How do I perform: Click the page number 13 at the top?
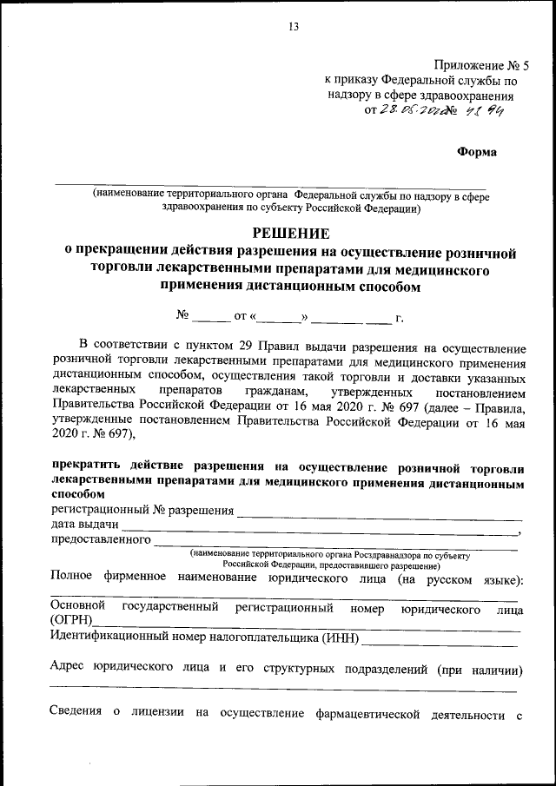[293, 27]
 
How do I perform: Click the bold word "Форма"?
[477, 152]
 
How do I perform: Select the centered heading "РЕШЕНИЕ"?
[291, 233]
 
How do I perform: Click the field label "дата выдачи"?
[85, 525]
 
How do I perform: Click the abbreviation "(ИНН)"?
[340, 639]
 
